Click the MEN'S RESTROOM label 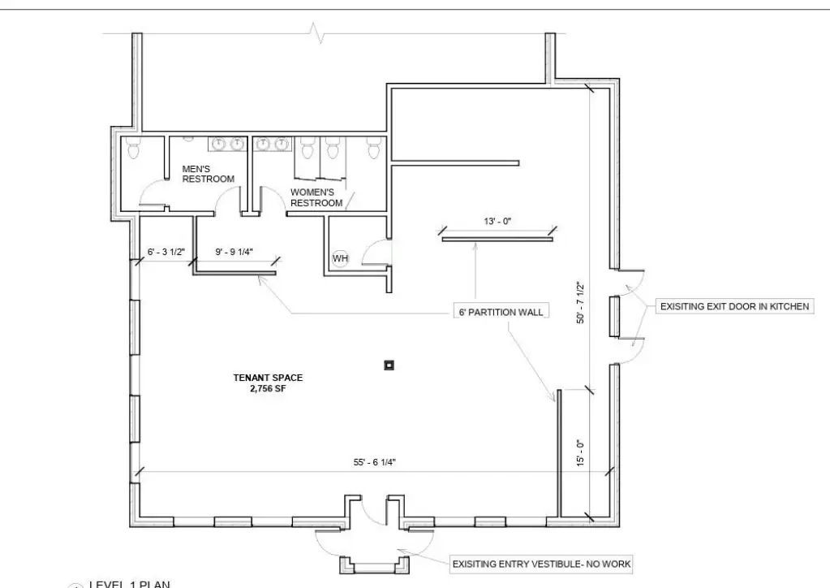(208, 174)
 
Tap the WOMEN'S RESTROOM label (316, 197)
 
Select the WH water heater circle (341, 258)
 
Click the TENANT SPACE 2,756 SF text (268, 383)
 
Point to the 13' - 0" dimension (497, 221)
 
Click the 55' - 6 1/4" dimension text (375, 462)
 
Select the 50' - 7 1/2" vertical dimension (581, 302)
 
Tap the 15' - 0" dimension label (580, 453)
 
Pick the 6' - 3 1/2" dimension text (166, 252)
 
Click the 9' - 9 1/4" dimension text (234, 252)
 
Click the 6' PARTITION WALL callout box (501, 312)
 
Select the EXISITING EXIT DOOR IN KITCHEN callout (735, 306)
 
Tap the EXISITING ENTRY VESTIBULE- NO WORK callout (541, 564)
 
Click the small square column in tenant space (389, 365)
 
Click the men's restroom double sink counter (228, 144)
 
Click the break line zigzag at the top (317, 32)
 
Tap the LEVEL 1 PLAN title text (130, 584)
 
